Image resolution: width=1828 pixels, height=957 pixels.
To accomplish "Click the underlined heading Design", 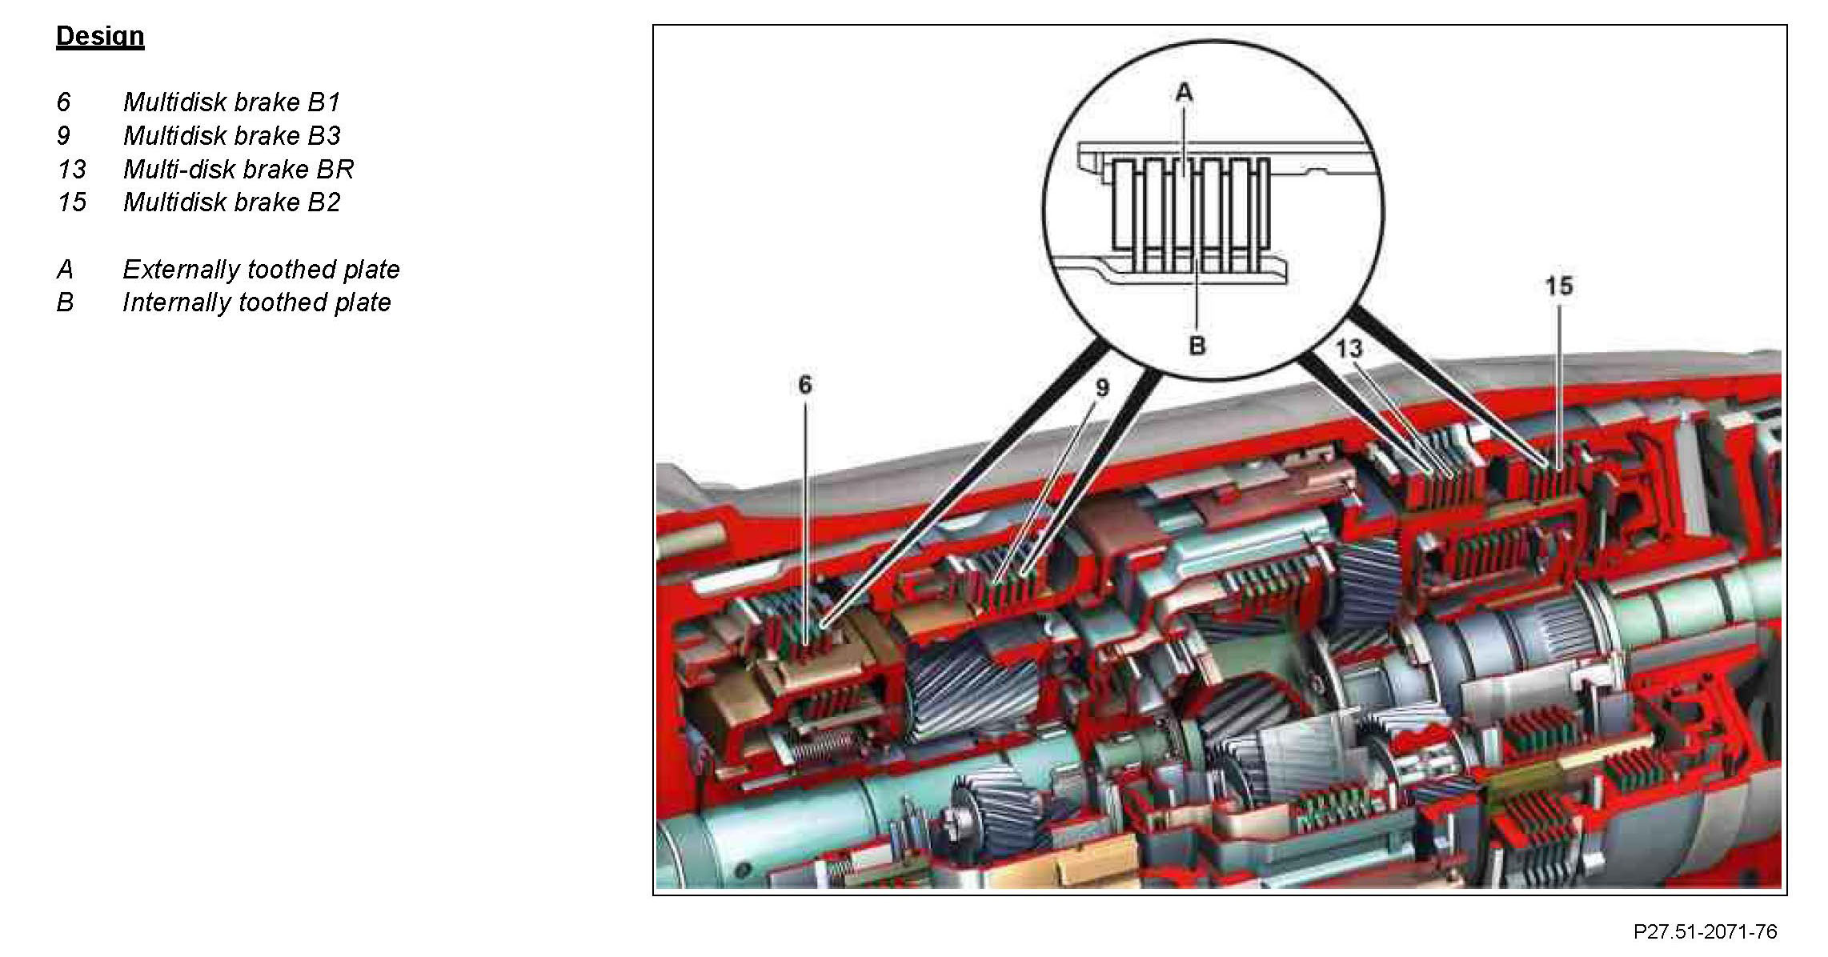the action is [100, 36].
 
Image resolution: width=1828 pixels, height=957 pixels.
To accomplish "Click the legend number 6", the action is [64, 102].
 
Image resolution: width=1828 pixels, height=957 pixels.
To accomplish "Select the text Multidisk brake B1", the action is [231, 102].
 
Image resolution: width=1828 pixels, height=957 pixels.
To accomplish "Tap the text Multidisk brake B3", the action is [231, 136].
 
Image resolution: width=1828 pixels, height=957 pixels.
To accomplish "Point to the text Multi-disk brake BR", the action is [238, 170].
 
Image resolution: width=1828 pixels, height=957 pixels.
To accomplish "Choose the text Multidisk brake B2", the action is [231, 202].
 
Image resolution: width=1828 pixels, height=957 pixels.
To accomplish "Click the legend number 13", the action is [71, 170].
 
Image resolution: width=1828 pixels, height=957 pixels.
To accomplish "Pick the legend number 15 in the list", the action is [71, 202].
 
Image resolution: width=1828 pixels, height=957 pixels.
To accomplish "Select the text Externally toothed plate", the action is [261, 270].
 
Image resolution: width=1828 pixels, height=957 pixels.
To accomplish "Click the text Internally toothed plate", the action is [256, 302].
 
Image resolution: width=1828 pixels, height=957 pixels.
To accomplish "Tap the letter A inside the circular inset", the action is [1184, 93].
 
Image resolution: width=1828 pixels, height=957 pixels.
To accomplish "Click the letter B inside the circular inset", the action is [1197, 346].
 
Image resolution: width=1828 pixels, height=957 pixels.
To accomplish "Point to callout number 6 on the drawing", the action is [805, 385].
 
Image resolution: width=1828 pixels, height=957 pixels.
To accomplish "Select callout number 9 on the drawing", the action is [1102, 388].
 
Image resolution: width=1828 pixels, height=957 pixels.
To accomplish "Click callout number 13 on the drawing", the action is [1349, 348].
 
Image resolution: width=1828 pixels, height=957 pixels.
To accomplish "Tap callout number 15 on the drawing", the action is [1558, 286].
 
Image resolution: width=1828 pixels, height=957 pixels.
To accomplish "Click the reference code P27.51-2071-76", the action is [1705, 932].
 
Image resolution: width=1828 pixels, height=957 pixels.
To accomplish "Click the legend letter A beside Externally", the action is [65, 270].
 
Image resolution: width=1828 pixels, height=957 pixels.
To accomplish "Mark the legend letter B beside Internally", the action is [65, 302].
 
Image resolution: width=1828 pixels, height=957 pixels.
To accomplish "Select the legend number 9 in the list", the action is [64, 136].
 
